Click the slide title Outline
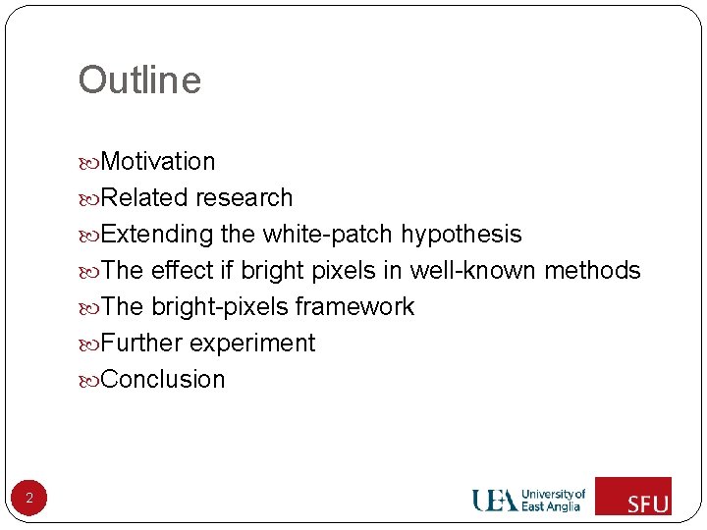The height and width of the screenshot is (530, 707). (139, 80)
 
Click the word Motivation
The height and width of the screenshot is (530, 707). (157, 161)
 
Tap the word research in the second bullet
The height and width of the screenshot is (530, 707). (244, 197)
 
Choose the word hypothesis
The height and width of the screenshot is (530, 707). (461, 235)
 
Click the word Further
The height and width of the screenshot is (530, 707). (141, 343)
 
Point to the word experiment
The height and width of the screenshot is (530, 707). (252, 344)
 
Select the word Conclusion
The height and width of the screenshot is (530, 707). (163, 379)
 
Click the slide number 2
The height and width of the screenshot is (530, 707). (29, 499)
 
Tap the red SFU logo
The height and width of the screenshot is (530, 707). (633, 496)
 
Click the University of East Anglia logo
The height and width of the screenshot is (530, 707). (528, 500)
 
